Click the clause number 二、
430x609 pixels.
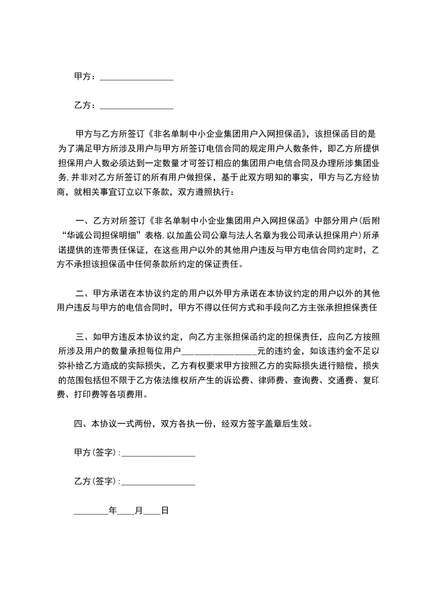point(84,293)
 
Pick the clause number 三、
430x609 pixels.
point(84,337)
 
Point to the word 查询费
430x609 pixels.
point(320,380)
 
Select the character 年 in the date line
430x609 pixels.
point(113,511)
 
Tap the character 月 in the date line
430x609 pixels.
point(139,511)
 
